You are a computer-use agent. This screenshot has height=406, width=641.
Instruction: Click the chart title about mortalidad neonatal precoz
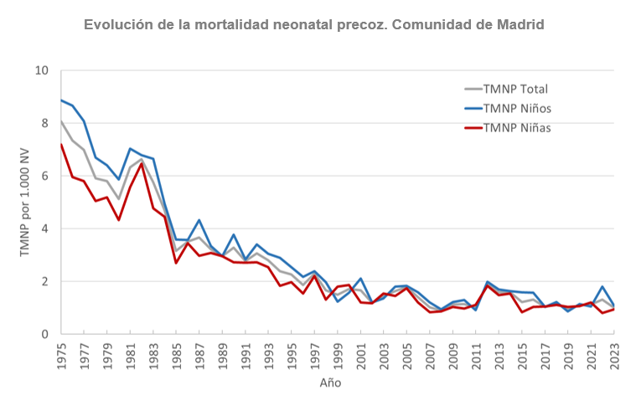[314, 24]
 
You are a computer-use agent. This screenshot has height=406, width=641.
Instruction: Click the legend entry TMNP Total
[518, 89]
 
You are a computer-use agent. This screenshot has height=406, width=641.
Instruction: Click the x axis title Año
[330, 383]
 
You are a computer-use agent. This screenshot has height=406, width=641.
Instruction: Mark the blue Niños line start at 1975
[61, 100]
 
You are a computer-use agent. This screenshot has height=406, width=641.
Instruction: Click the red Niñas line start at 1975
[61, 144]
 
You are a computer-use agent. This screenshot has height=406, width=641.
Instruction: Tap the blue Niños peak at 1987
[199, 220]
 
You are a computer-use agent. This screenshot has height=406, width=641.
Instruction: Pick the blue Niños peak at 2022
[602, 286]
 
